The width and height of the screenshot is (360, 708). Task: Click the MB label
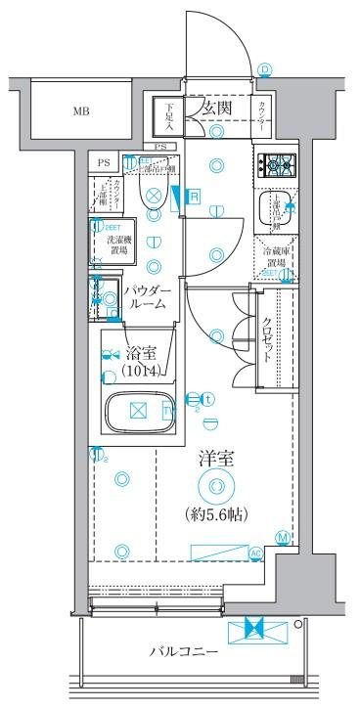click(79, 111)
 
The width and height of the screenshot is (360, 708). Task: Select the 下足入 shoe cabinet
click(169, 117)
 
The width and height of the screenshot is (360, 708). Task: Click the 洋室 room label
click(215, 457)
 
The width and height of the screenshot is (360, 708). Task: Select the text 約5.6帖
click(215, 513)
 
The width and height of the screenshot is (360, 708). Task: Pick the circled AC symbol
click(256, 553)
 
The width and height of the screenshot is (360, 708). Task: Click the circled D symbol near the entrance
click(265, 68)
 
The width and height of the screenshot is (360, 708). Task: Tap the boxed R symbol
click(194, 197)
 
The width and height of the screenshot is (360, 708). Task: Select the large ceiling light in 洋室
click(215, 486)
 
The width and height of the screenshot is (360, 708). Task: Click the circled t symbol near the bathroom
click(208, 398)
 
